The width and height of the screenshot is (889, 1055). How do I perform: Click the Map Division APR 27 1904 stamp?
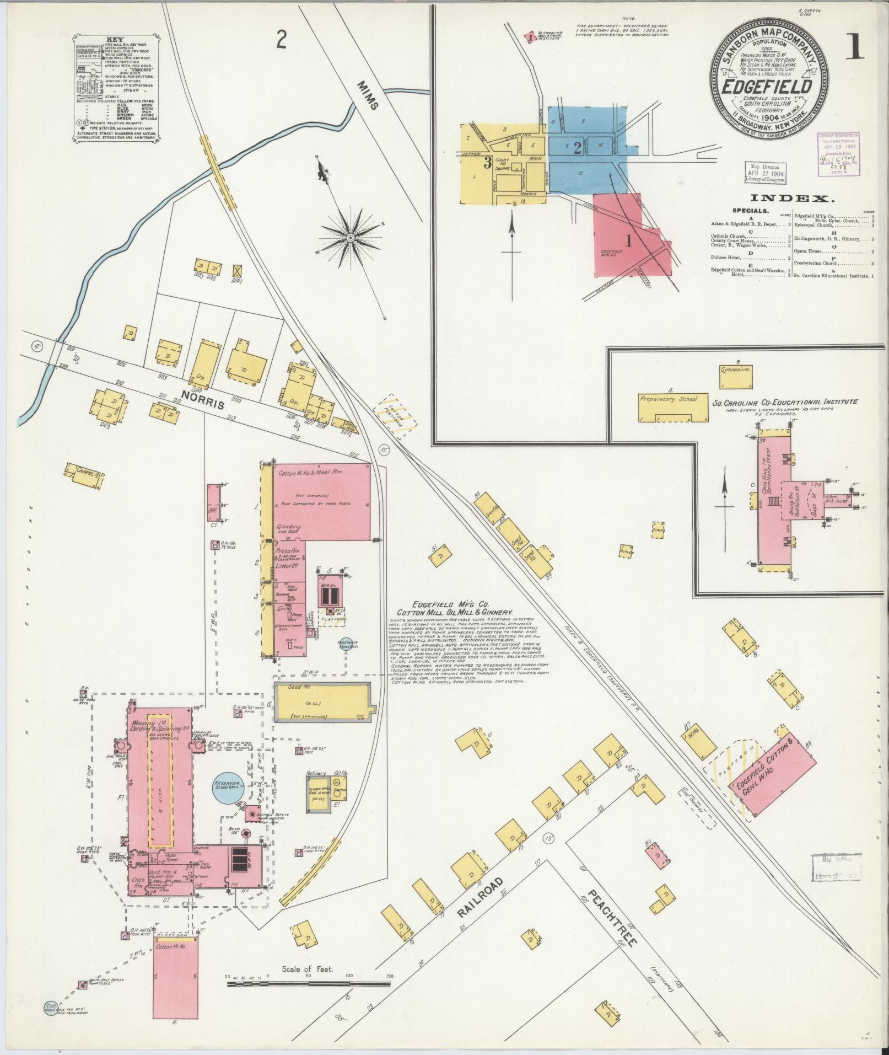pos(765,173)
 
